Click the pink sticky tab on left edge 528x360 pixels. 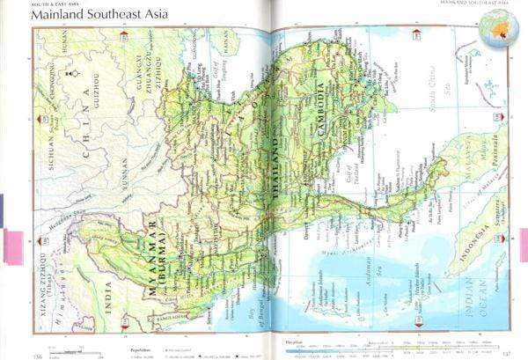(x=13, y=246)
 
